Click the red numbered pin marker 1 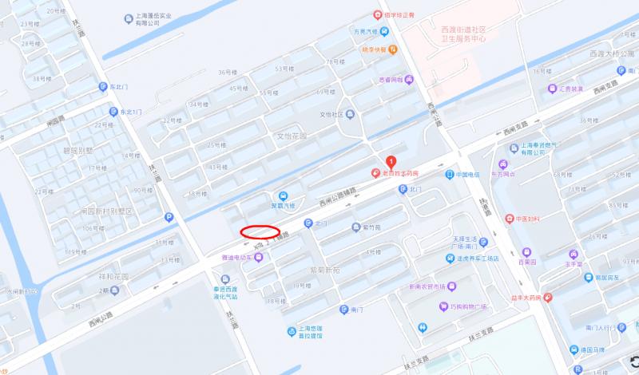(x=391, y=161)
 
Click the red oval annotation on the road (x=260, y=232)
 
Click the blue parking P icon (x=168, y=217)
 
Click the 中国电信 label (x=467, y=174)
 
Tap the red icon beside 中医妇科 (x=509, y=218)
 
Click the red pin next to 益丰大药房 (x=547, y=298)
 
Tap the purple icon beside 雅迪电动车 (x=258, y=257)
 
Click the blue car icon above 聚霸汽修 (x=282, y=195)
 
